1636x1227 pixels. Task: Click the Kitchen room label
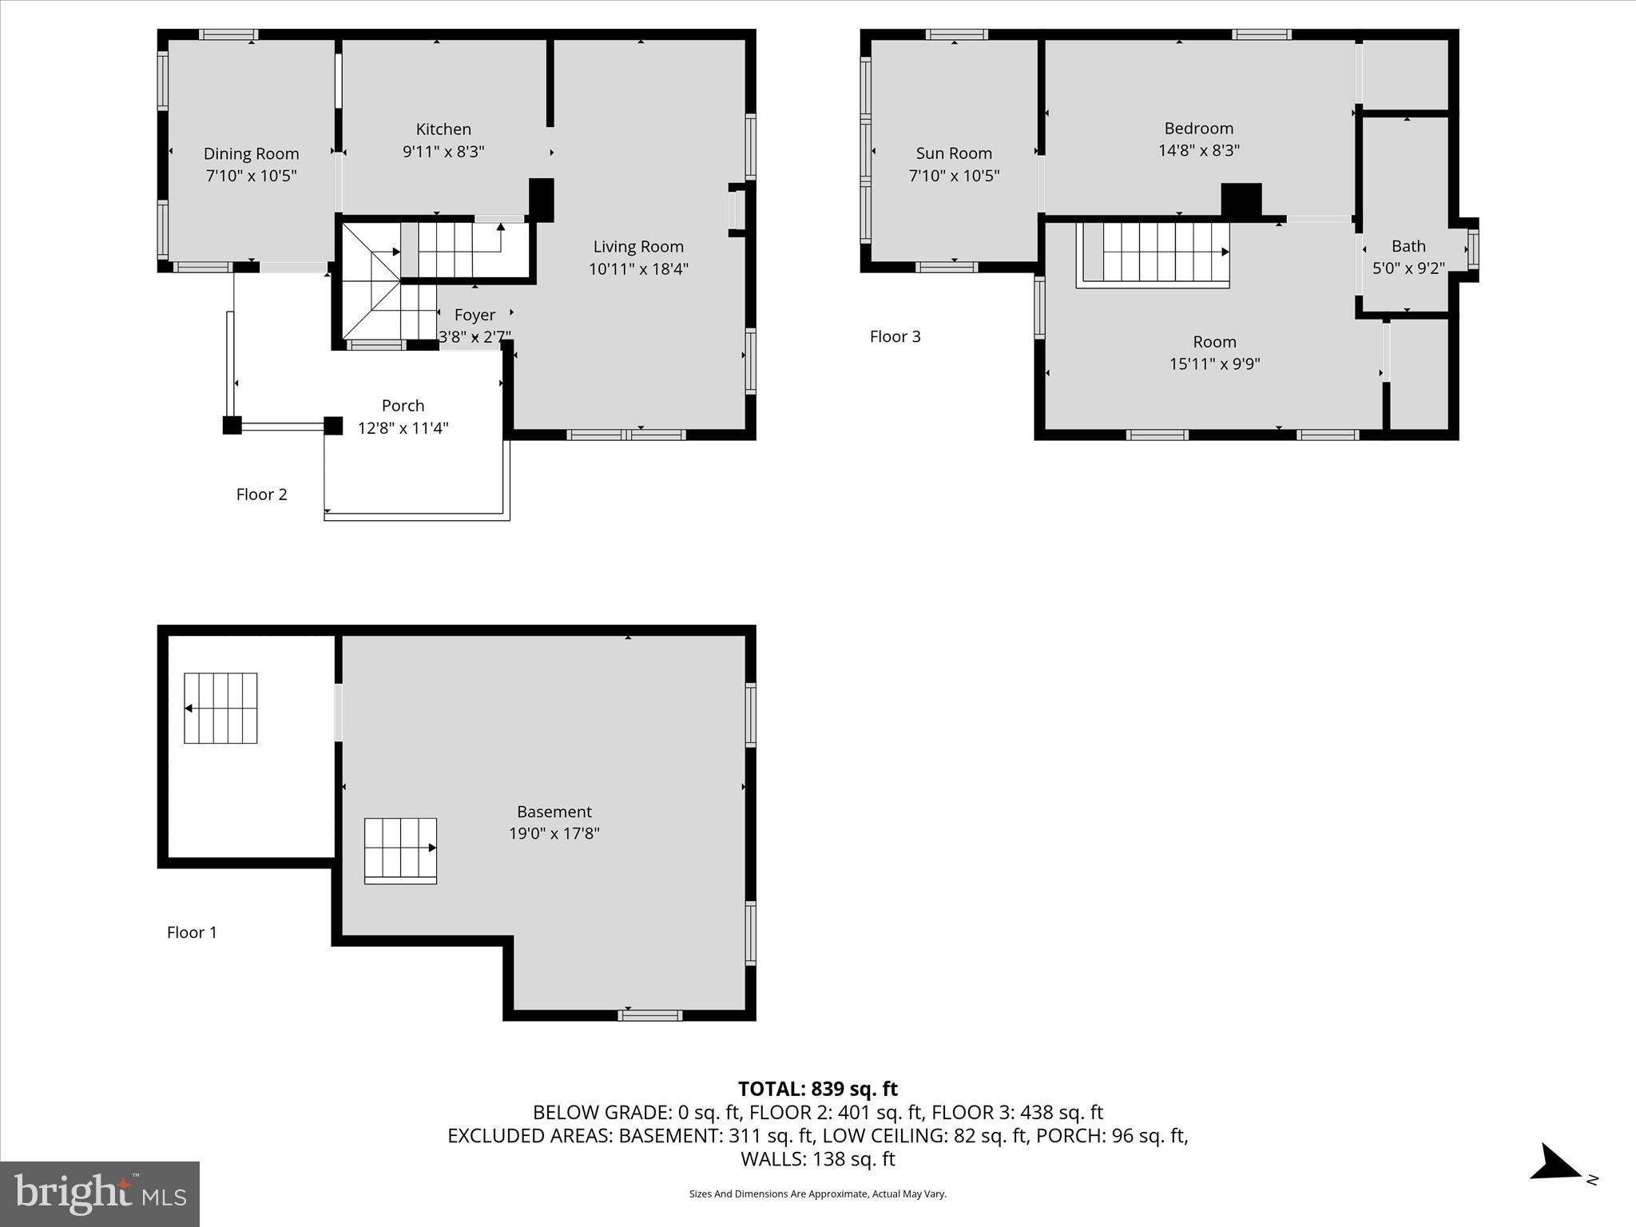pyautogui.click(x=443, y=129)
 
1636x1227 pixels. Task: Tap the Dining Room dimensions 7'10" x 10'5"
pyautogui.click(x=251, y=176)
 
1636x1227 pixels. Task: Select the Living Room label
pyautogui.click(x=638, y=247)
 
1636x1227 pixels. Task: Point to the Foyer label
pyautogui.click(x=475, y=315)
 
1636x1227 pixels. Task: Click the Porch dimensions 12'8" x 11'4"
pyautogui.click(x=403, y=428)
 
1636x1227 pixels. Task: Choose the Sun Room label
pyautogui.click(x=954, y=153)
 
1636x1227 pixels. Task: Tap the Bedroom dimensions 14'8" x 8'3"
pyautogui.click(x=1198, y=150)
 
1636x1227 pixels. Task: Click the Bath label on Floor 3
pyautogui.click(x=1408, y=246)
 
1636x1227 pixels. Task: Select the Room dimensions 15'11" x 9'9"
pyautogui.click(x=1214, y=364)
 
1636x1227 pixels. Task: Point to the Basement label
pyautogui.click(x=554, y=812)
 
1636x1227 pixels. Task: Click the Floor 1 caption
pyautogui.click(x=192, y=932)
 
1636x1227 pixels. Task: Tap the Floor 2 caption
pyautogui.click(x=261, y=494)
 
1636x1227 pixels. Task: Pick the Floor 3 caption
pyautogui.click(x=895, y=336)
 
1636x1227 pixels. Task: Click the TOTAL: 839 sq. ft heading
pyautogui.click(x=817, y=1089)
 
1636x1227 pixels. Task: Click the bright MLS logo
pyautogui.click(x=100, y=1193)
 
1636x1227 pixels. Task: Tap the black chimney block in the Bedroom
pyautogui.click(x=1241, y=200)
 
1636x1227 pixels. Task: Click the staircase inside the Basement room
pyautogui.click(x=400, y=849)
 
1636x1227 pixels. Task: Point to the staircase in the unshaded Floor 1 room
pyautogui.click(x=220, y=708)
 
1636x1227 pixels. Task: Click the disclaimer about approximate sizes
pyautogui.click(x=817, y=1194)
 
